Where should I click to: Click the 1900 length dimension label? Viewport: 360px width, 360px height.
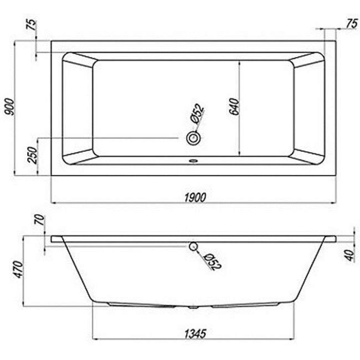[196, 197]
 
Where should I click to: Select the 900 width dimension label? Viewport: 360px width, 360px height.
[9, 107]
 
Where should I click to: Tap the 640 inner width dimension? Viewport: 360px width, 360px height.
[234, 106]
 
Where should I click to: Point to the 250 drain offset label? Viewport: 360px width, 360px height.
[32, 155]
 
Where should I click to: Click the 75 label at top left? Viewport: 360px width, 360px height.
[32, 25]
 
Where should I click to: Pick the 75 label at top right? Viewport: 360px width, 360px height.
[352, 24]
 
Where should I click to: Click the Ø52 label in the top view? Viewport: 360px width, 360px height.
[197, 114]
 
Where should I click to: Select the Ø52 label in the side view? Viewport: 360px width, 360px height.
[212, 262]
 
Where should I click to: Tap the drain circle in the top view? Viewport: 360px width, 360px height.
[193, 138]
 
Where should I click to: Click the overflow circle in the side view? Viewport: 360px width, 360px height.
[193, 246]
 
